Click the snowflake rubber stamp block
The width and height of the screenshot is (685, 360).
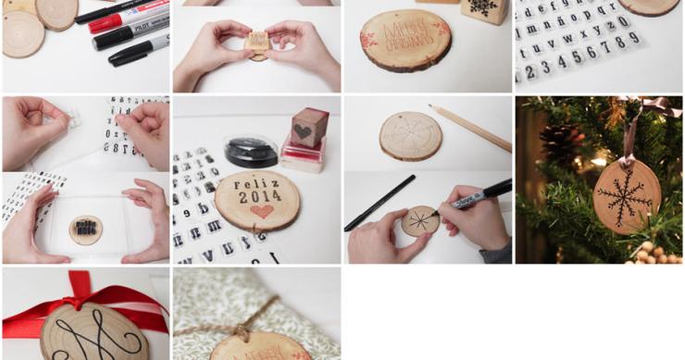point(484,10)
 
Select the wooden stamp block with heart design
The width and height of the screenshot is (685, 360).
point(309,127)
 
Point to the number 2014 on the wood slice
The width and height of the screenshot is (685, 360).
point(258,195)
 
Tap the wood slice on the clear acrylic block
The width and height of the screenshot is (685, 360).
point(85,229)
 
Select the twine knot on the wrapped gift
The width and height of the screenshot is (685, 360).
point(240,329)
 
